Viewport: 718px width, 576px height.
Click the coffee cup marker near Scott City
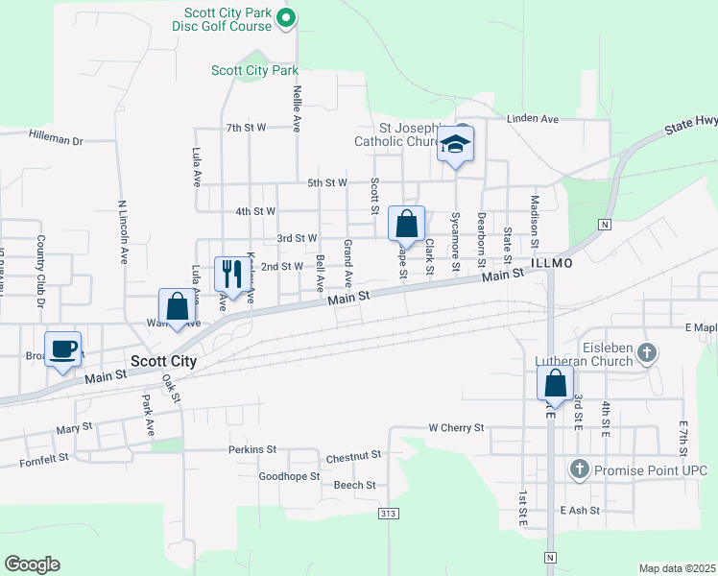click(63, 349)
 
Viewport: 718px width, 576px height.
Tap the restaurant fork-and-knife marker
click(229, 275)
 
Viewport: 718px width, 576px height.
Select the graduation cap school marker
click(456, 145)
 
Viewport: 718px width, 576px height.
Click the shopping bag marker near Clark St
click(406, 226)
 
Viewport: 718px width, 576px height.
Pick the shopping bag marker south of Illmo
click(556, 385)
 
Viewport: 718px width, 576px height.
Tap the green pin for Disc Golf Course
click(285, 18)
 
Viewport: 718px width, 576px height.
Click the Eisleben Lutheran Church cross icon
click(647, 353)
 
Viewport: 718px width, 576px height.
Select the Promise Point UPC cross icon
click(579, 469)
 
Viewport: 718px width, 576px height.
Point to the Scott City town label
click(163, 362)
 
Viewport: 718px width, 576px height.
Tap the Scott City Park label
click(254, 71)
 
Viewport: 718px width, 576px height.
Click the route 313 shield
click(388, 515)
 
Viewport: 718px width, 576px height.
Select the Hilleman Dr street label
click(56, 138)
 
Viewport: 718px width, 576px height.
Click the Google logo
click(32, 564)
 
